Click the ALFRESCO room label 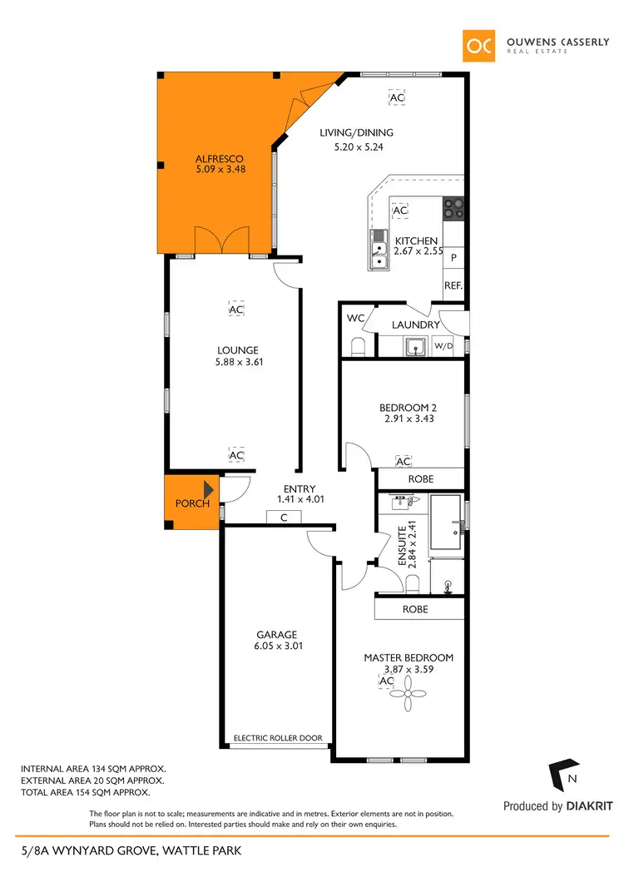(220, 158)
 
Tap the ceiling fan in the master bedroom (409, 686)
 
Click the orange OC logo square (480, 45)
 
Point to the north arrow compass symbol (563, 775)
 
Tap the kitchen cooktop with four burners (453, 208)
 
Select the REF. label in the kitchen (453, 285)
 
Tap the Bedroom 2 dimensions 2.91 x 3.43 (408, 419)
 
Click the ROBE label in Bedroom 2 (420, 479)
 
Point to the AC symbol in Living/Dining (397, 98)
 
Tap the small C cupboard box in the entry (284, 517)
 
